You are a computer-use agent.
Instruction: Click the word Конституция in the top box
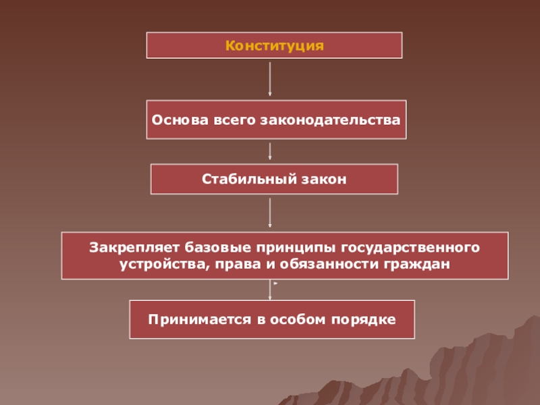275,46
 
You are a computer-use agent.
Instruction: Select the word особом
292,318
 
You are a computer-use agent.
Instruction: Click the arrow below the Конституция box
270,78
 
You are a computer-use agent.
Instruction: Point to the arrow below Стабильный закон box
270,212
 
